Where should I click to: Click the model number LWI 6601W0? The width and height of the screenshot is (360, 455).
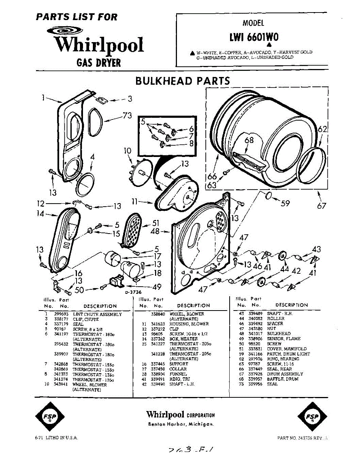point(254,37)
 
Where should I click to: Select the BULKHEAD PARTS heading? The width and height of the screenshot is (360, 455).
point(182,81)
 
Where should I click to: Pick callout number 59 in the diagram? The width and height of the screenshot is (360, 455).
point(285,204)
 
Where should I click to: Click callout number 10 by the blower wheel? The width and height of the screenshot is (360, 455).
point(127,151)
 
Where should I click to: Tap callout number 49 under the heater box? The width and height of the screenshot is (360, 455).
point(157,287)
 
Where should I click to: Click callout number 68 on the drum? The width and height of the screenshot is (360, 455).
point(249,140)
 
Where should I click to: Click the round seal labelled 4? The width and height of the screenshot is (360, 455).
point(86,184)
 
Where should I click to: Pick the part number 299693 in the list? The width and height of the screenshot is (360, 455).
point(59,314)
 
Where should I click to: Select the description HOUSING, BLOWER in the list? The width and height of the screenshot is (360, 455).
point(189,324)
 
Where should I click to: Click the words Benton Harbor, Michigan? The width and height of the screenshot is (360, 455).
point(181,424)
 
